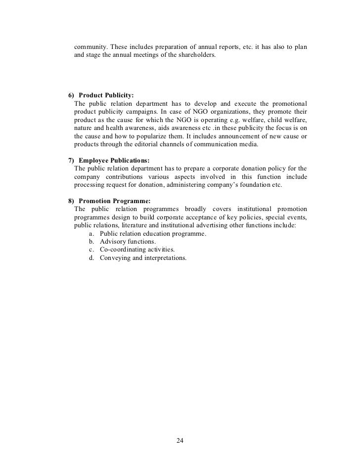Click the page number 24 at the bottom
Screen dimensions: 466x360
(x=180, y=441)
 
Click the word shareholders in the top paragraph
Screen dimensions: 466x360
(x=196, y=56)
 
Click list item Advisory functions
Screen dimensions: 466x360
(x=128, y=242)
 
